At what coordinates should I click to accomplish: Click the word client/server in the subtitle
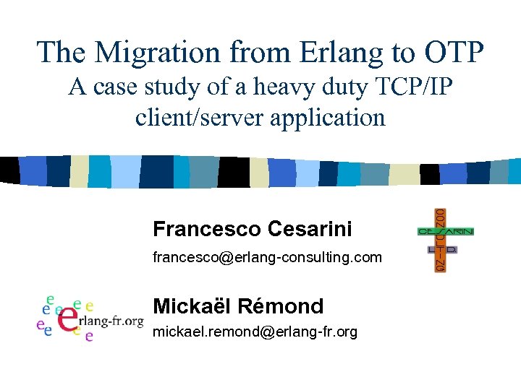click(200, 116)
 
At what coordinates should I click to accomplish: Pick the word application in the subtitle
click(328, 116)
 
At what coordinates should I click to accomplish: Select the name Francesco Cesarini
click(253, 229)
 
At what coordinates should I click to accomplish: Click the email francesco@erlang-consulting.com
click(267, 257)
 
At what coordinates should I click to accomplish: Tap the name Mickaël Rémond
click(238, 305)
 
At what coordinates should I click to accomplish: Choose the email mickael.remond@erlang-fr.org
click(255, 332)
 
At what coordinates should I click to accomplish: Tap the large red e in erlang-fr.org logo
click(68, 318)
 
